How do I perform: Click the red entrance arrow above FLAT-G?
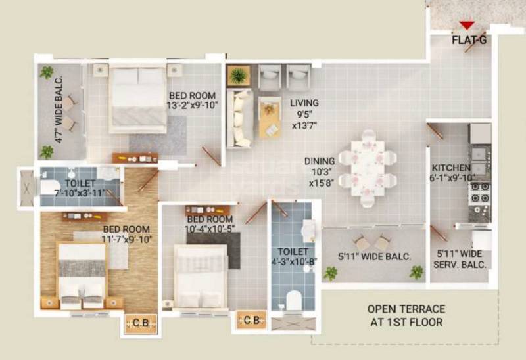click(467, 26)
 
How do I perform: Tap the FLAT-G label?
click(469, 39)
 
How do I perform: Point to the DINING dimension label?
click(320, 172)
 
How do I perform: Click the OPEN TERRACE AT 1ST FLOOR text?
click(406, 315)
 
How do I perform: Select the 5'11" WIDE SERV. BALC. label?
click(462, 258)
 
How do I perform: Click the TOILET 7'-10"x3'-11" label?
click(80, 188)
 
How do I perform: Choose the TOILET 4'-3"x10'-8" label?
click(293, 256)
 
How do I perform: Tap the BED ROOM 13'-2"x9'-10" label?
click(193, 100)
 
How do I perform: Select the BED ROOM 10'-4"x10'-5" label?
click(209, 223)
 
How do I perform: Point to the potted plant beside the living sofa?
click(238, 76)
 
